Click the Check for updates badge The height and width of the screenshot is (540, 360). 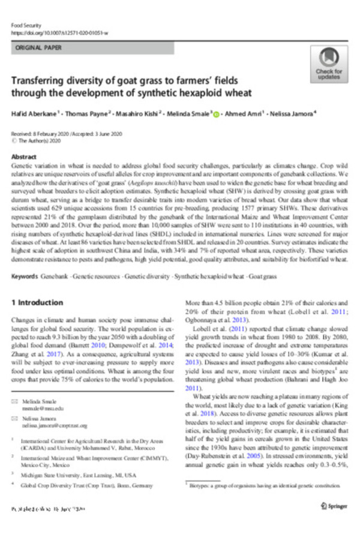pos(329,64)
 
